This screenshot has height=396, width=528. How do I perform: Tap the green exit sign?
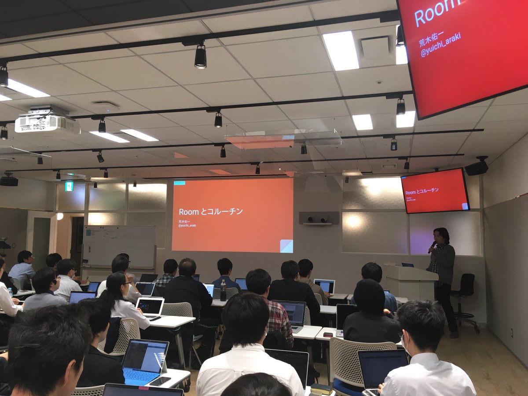click(69, 187)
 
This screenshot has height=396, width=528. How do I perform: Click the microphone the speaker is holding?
click(433, 246)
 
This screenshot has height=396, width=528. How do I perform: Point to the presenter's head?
click(442, 236)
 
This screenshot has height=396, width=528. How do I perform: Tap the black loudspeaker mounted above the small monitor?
click(477, 168)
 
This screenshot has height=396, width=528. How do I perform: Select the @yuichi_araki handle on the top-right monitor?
click(440, 45)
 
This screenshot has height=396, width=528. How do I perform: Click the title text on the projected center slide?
click(211, 212)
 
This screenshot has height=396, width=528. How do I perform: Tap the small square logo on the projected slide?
click(286, 246)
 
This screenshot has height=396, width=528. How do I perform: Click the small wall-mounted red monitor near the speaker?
click(435, 191)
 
